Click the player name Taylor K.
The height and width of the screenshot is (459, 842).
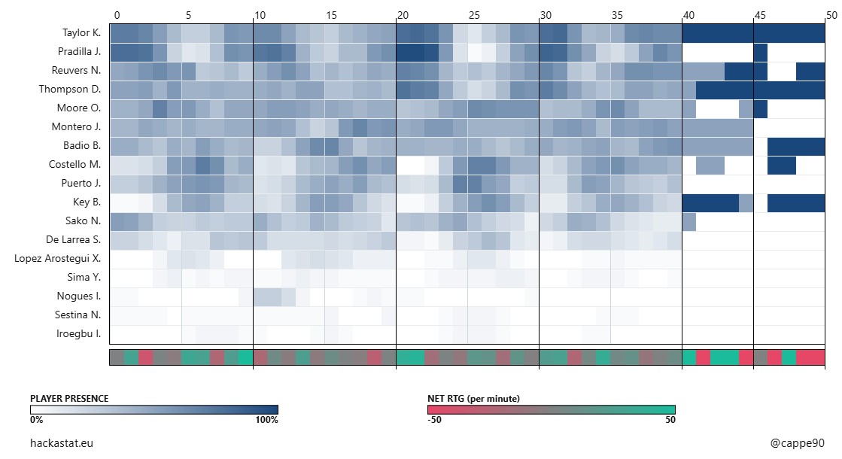(81, 33)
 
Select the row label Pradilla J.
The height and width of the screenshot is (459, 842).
(78, 52)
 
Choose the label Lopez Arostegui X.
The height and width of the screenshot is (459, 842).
(58, 259)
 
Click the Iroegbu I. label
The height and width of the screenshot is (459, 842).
(79, 334)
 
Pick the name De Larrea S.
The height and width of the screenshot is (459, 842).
(74, 240)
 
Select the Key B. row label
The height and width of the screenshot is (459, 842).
(87, 202)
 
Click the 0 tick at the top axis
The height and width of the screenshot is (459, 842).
(116, 14)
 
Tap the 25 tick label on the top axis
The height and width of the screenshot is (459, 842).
(474, 14)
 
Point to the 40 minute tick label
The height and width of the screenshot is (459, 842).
(688, 14)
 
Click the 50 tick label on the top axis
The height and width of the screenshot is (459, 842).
(830, 14)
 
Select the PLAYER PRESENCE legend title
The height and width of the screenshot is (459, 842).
(69, 398)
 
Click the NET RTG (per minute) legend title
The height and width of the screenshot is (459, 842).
(473, 398)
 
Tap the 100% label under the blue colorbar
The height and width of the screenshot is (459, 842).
(267, 420)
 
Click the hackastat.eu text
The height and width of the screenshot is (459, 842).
(62, 444)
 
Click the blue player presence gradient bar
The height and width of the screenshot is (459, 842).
(154, 409)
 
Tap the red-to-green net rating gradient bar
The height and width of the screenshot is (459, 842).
(551, 409)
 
